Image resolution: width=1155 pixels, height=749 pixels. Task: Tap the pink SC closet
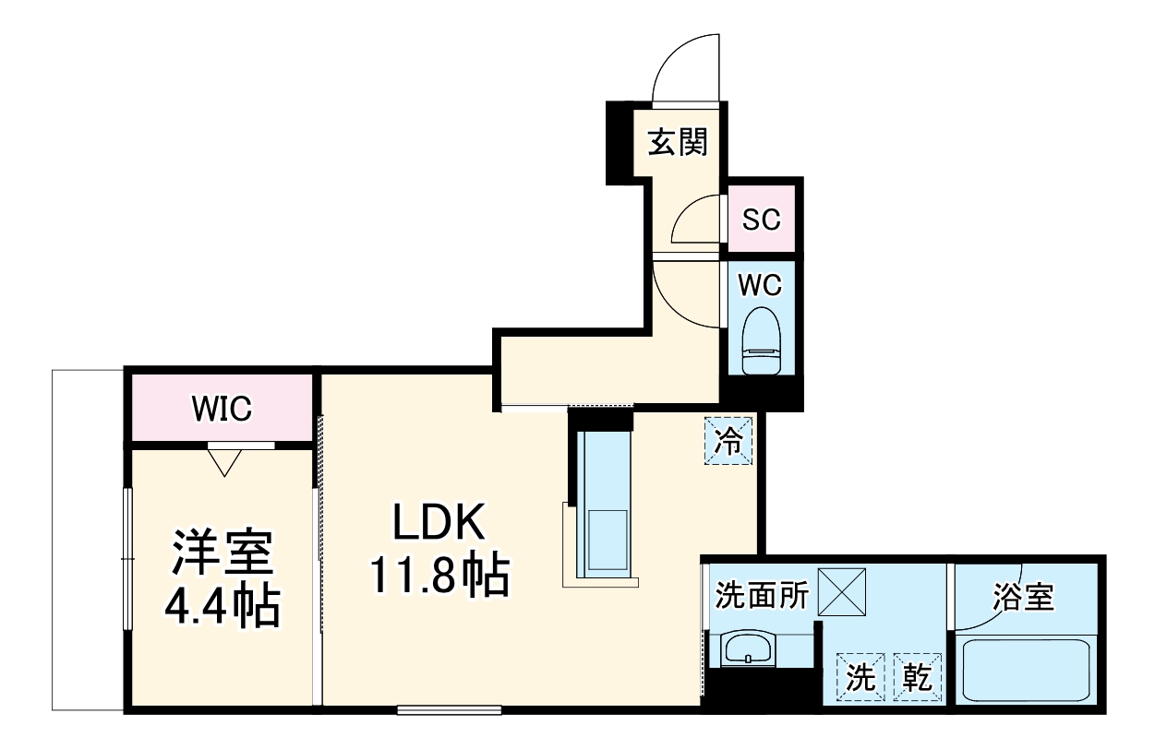(x=762, y=220)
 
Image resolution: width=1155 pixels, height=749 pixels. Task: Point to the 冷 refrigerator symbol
(x=728, y=442)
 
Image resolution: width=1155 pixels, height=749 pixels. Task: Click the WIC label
(x=222, y=408)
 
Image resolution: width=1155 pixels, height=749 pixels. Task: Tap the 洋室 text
(x=222, y=553)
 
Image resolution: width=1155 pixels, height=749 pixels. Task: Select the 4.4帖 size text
(x=222, y=606)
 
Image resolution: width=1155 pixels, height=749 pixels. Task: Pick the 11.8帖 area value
(x=439, y=576)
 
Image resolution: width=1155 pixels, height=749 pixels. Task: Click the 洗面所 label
(x=763, y=596)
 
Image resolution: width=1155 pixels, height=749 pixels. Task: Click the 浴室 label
(x=1023, y=596)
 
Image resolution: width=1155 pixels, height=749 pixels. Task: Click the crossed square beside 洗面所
(x=841, y=591)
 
